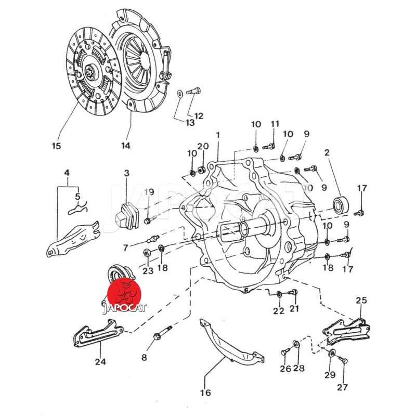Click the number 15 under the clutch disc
[56, 146]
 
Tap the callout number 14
[125, 146]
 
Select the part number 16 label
[205, 393]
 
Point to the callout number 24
[100, 361]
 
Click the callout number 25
[361, 301]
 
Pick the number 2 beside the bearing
[327, 153]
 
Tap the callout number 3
[126, 173]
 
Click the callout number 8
[144, 358]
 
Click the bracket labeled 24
[97, 335]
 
